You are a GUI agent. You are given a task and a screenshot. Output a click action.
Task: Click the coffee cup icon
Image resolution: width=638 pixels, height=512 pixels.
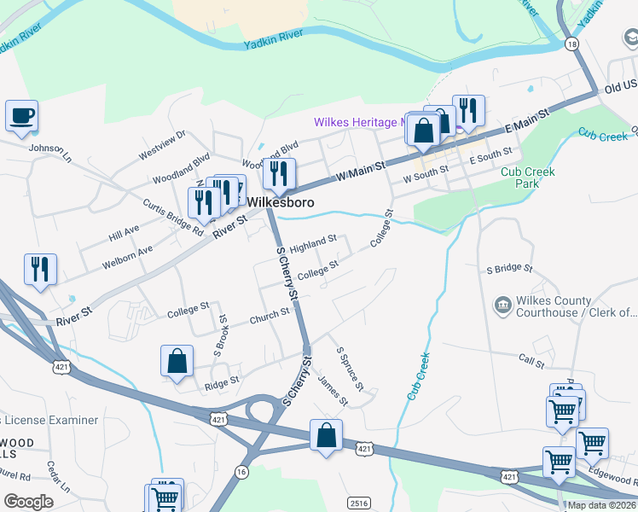click(21, 114)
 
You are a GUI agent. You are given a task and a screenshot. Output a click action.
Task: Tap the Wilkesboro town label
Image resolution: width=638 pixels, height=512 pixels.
click(281, 203)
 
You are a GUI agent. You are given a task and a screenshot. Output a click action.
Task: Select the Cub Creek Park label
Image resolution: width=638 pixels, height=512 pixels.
click(528, 177)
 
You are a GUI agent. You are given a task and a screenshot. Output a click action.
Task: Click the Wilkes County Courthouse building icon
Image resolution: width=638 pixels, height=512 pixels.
click(502, 304)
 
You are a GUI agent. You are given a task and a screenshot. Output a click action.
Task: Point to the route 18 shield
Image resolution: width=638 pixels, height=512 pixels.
click(571, 43)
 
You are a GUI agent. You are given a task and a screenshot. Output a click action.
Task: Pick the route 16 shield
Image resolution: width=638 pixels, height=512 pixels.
click(243, 471)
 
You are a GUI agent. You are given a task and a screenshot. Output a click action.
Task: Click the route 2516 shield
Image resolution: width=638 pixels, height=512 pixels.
click(359, 503)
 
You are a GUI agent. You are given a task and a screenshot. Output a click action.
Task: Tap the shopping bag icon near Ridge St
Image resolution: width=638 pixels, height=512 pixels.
click(177, 360)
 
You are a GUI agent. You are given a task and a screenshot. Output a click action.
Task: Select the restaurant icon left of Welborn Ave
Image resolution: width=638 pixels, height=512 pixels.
click(40, 269)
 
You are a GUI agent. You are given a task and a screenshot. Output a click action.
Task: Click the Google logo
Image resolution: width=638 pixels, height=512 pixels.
click(28, 502)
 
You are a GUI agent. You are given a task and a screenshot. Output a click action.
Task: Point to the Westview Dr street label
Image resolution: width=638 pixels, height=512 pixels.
click(161, 145)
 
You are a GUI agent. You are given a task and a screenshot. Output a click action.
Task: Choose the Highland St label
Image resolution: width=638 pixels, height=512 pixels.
click(313, 244)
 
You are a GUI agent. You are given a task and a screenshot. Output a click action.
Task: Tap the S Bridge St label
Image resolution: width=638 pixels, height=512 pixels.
click(509, 269)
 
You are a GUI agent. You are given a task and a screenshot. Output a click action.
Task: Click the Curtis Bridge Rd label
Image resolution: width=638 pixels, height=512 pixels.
click(173, 218)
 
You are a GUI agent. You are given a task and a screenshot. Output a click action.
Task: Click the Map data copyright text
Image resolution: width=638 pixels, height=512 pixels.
click(602, 505)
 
